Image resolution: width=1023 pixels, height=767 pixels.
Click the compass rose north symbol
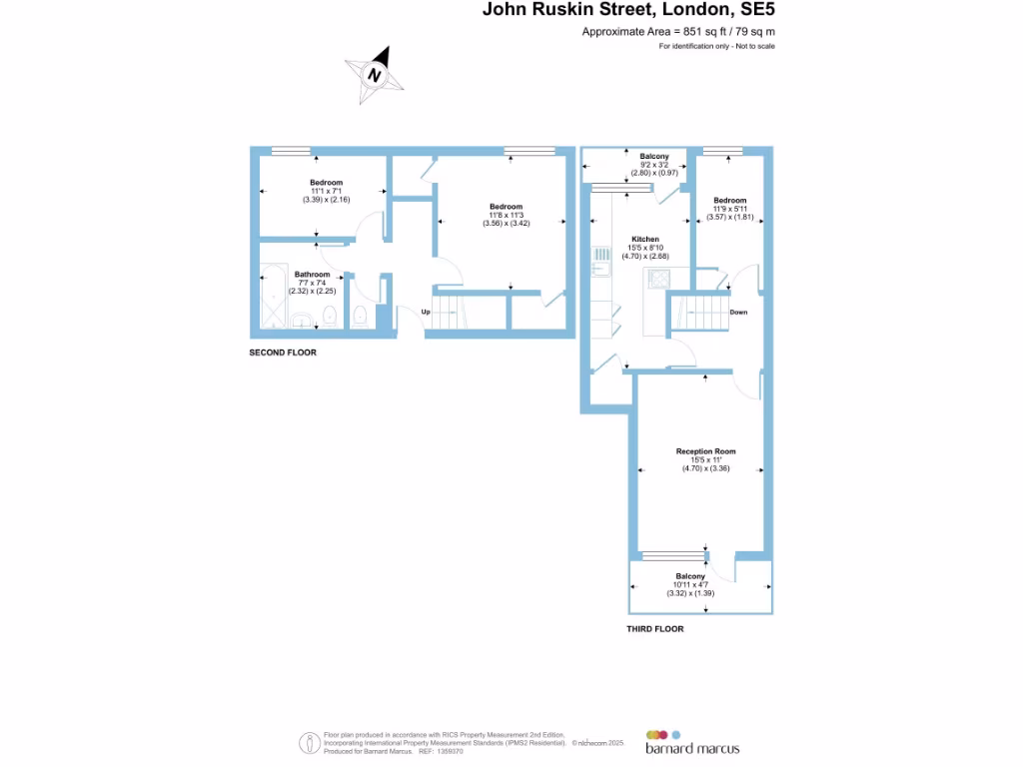pyautogui.click(x=375, y=75)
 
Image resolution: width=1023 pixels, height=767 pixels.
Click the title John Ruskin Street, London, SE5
pyautogui.click(x=628, y=11)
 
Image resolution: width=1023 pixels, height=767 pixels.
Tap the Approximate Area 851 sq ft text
pyautogui.click(x=678, y=32)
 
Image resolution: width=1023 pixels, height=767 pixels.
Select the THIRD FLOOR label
pyautogui.click(x=654, y=629)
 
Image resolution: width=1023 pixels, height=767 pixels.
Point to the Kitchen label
pyautogui.click(x=644, y=240)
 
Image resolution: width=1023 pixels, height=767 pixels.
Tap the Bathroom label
pyautogui.click(x=312, y=275)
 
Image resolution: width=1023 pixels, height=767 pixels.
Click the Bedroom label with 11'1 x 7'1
pyautogui.click(x=326, y=183)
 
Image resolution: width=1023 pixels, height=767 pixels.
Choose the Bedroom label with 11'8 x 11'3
pyautogui.click(x=506, y=207)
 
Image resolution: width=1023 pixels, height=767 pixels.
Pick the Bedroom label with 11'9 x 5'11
pyautogui.click(x=729, y=200)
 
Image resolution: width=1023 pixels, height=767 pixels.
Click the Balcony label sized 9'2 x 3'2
pyautogui.click(x=654, y=157)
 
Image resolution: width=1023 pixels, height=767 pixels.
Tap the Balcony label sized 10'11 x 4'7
pyautogui.click(x=690, y=577)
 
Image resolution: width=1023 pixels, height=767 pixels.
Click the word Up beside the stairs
pyautogui.click(x=426, y=313)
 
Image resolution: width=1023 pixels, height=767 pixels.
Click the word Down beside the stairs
pyautogui.click(x=738, y=313)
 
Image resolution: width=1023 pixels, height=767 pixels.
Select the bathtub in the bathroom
pyautogui.click(x=272, y=298)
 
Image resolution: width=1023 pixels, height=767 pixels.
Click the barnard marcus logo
pyautogui.click(x=691, y=741)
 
